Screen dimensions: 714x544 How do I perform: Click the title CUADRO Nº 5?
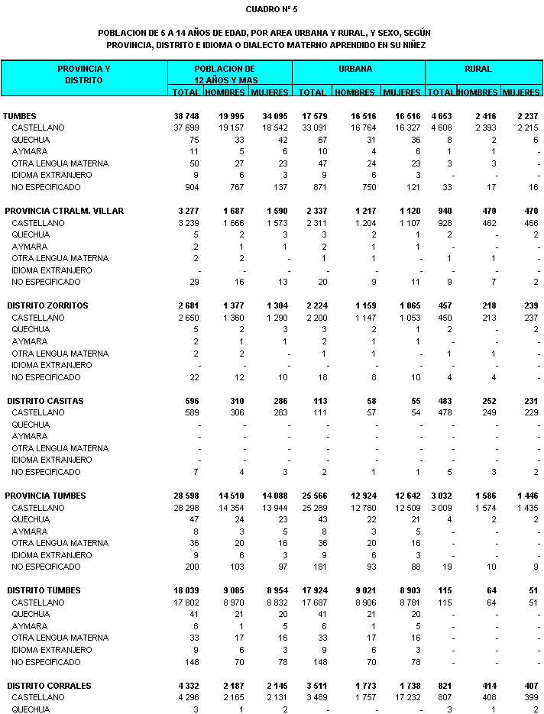click(x=271, y=9)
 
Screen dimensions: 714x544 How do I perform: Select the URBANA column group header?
click(x=356, y=69)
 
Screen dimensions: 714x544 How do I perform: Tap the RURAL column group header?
click(x=478, y=69)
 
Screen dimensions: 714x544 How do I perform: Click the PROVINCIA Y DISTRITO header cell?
click(x=84, y=74)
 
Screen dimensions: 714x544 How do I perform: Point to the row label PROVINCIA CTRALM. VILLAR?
click(x=64, y=211)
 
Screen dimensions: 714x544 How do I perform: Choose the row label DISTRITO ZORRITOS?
click(x=47, y=305)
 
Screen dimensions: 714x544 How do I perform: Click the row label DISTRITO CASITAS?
click(x=45, y=401)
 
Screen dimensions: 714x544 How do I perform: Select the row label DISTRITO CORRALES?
click(x=49, y=686)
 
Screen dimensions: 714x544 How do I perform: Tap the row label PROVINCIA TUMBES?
click(x=45, y=496)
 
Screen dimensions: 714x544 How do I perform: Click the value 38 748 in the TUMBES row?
click(x=183, y=116)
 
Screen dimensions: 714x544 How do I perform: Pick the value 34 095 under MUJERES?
click(x=273, y=116)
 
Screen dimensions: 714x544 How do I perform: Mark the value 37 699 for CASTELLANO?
click(x=184, y=128)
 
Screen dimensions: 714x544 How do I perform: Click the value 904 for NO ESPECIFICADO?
click(x=190, y=187)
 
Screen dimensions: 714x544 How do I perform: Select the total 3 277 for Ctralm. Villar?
click(x=186, y=211)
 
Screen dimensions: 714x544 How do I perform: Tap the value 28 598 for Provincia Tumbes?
click(x=183, y=496)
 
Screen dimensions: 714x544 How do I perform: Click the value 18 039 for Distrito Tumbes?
click(x=183, y=590)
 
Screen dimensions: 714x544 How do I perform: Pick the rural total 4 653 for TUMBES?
click(x=440, y=116)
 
